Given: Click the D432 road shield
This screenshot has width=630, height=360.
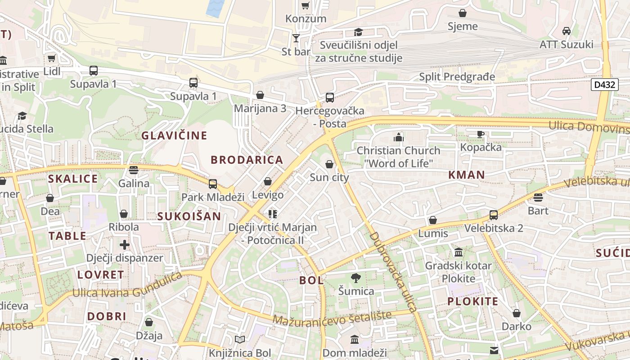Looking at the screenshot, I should click(x=604, y=85).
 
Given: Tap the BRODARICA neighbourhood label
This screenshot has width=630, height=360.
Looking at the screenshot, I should click(x=247, y=160).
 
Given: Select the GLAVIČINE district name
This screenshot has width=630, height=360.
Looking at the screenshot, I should click(x=174, y=135).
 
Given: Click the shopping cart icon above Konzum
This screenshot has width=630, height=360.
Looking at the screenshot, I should click(x=306, y=6).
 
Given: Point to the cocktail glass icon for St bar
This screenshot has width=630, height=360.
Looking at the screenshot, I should click(x=296, y=38).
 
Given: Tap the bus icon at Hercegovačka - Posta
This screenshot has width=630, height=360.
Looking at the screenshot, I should click(x=329, y=98).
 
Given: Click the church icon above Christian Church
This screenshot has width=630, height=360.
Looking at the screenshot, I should click(x=398, y=137).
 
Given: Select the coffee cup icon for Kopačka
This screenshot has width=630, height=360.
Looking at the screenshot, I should click(x=481, y=134).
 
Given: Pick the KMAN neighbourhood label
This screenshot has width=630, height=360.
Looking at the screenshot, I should click(x=466, y=175).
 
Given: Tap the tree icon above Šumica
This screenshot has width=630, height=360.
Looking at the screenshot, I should click(x=356, y=278).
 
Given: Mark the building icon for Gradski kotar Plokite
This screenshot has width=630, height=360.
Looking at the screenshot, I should click(x=459, y=252).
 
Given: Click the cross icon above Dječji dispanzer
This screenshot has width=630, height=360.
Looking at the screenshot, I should click(x=125, y=245).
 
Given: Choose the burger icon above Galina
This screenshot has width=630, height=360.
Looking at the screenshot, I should click(x=134, y=170).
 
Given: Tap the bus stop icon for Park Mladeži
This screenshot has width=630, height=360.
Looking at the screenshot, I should click(x=212, y=184).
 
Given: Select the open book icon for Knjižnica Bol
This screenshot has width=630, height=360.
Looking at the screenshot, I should click(x=240, y=340).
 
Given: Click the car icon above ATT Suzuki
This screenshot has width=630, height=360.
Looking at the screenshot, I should click(x=566, y=31).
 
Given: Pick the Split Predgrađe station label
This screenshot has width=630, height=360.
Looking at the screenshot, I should click(x=457, y=77).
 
